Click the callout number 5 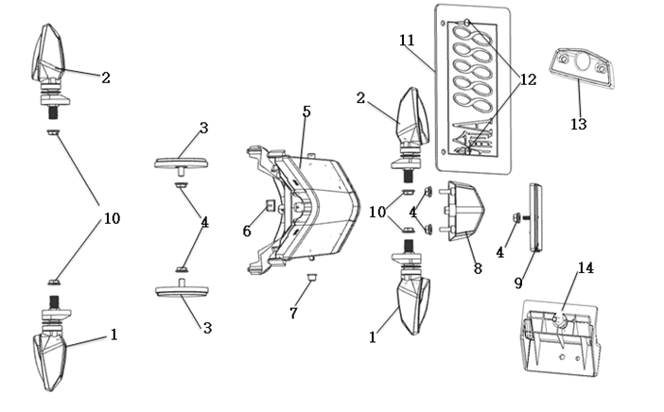pos(306,112)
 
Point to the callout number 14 pos(585,268)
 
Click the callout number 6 pos(248,230)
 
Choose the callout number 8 pos(478,268)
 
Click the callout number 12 pos(528,79)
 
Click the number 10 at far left pos(112,219)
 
